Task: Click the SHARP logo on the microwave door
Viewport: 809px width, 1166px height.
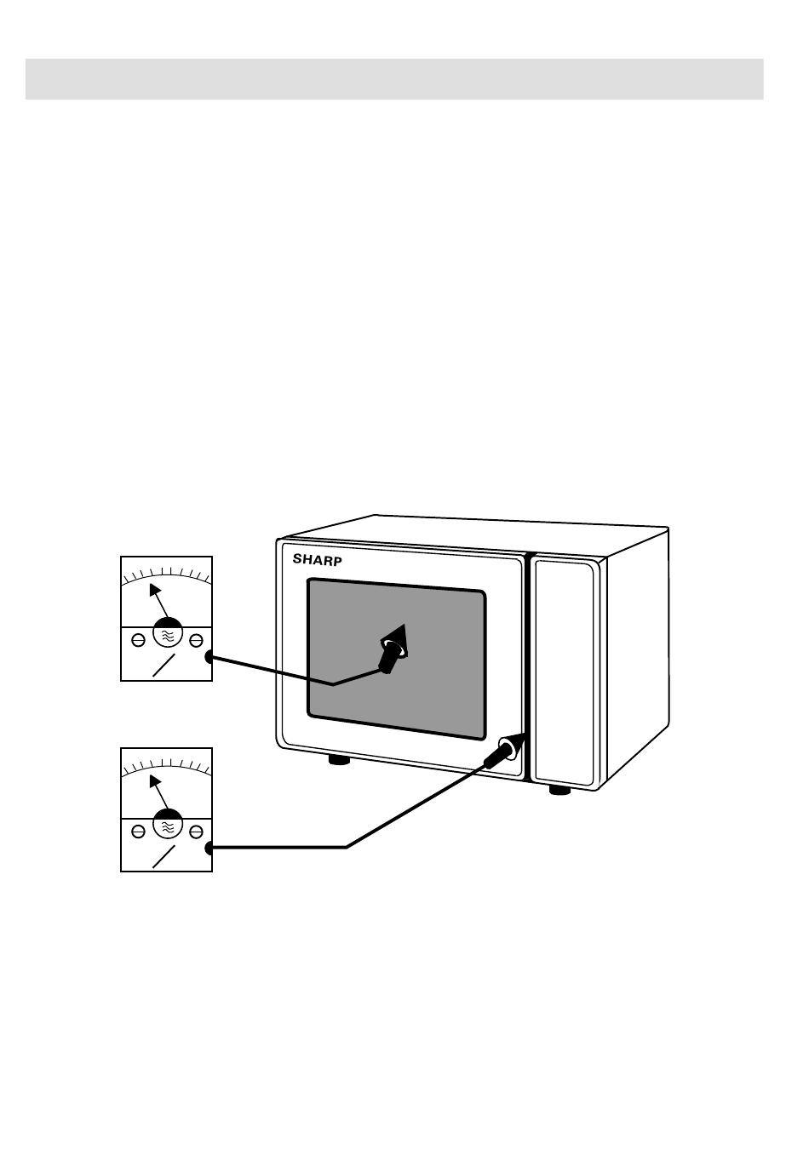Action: [317, 560]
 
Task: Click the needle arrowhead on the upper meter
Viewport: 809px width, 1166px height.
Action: [155, 591]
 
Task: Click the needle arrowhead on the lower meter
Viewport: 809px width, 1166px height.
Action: [155, 782]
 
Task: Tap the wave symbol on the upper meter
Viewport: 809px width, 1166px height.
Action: [167, 635]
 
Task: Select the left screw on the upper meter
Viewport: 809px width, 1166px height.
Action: [138, 640]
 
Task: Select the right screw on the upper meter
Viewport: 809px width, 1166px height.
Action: [196, 640]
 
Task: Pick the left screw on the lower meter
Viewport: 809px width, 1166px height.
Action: [138, 832]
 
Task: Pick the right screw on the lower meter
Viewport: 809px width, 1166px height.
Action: [196, 832]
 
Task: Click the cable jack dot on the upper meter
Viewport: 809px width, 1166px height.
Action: [209, 657]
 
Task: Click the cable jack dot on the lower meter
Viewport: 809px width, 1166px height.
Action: [209, 848]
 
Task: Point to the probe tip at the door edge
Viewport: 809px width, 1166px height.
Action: [523, 734]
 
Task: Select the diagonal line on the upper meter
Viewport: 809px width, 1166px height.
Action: [164, 665]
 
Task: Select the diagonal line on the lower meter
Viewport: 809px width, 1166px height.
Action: [164, 857]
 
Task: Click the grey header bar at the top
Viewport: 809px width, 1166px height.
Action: [394, 78]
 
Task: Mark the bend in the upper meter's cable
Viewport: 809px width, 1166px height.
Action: [334, 684]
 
